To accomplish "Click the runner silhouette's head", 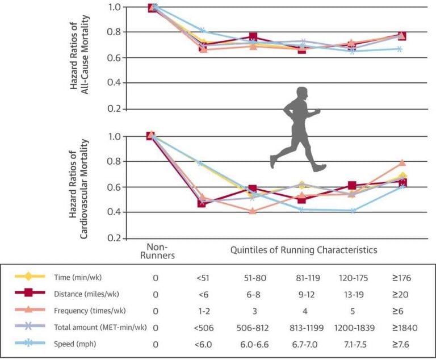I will [302, 94].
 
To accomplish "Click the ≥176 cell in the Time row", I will [400, 278].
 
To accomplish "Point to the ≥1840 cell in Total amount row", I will [400, 328].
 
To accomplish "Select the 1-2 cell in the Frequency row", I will [202, 311].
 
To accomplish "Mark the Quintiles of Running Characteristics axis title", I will [304, 249].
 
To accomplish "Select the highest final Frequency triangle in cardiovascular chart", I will [402, 163].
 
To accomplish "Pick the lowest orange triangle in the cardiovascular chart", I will [253, 211].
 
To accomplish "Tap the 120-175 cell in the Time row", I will [353, 278].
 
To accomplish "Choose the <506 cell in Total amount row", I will [203, 328].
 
